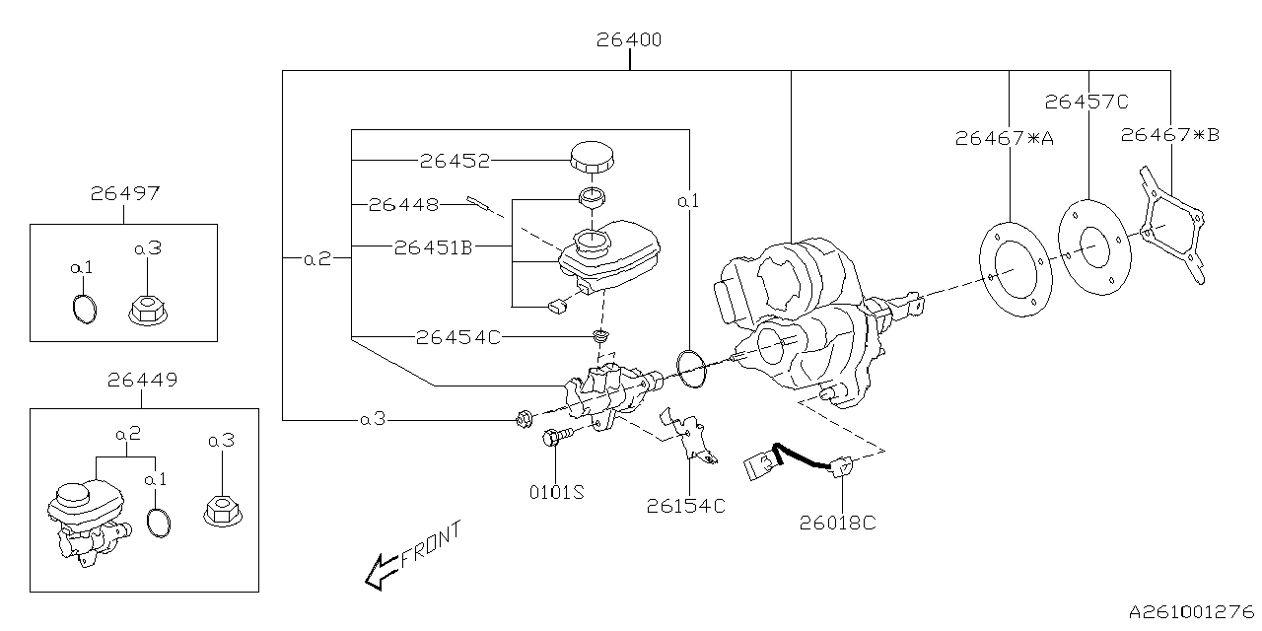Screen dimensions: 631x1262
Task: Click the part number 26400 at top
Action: pos(629,40)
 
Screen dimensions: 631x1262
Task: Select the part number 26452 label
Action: pos(455,160)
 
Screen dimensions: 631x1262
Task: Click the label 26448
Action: pos(403,205)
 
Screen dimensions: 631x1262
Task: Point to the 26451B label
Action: pos(433,247)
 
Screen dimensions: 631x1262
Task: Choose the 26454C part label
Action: pos(458,337)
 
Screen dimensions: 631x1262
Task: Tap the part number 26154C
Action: pos(686,506)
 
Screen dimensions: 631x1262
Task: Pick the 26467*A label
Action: pos(1004,139)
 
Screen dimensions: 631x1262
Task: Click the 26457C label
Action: pos(1087,101)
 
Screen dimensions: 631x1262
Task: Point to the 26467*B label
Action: pos(1169,135)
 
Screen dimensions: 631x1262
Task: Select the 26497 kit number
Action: pos(124,194)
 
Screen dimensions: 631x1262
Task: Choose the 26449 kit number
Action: pos(142,379)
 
